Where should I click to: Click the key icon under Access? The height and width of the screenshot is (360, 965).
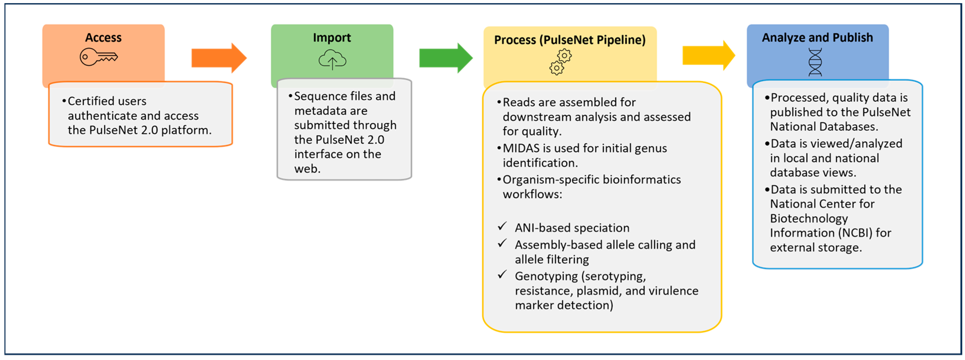(99, 57)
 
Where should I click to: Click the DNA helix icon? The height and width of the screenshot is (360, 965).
(815, 62)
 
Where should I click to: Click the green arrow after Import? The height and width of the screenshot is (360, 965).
(446, 58)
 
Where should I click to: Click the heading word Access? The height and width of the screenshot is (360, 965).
(103, 37)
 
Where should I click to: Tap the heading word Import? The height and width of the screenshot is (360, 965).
(332, 37)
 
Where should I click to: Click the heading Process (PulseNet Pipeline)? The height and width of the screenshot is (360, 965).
(570, 40)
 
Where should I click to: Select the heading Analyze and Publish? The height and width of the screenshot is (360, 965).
(817, 37)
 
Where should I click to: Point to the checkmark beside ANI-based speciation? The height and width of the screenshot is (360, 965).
(502, 226)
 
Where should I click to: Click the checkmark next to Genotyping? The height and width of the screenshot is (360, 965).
(502, 275)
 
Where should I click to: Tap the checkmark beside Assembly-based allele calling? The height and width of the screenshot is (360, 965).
(502, 243)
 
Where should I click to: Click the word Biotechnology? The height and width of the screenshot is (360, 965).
(809, 219)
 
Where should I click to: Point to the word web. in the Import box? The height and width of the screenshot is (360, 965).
(307, 169)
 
